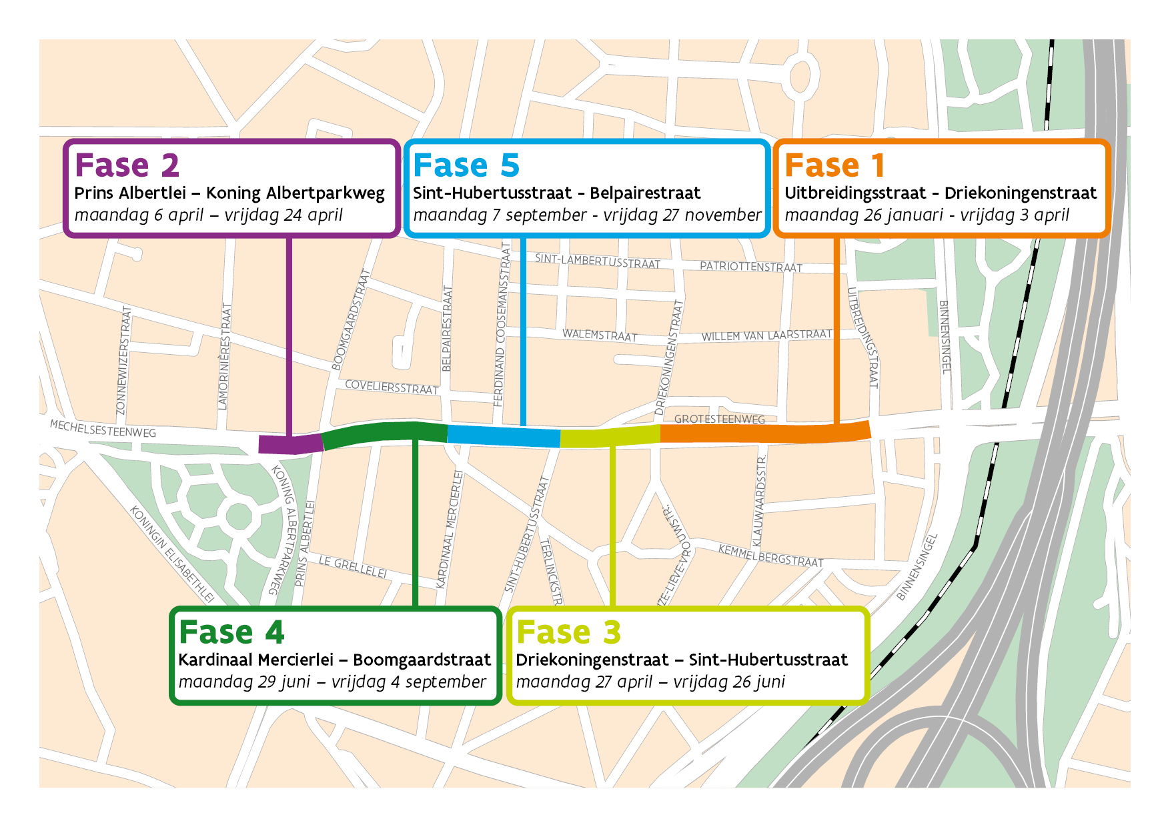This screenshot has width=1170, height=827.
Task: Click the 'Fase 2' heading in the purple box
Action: click(127, 165)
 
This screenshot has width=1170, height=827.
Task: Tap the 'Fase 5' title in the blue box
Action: click(466, 165)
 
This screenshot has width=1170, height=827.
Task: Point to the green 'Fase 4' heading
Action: click(231, 632)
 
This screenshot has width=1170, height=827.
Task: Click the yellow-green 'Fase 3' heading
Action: click(568, 632)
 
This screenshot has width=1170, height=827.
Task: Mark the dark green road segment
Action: click(385, 432)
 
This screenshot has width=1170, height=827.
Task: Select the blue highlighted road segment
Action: click(504, 436)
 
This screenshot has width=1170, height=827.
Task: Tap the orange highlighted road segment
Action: click(765, 433)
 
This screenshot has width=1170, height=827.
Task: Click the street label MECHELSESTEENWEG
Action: click(103, 428)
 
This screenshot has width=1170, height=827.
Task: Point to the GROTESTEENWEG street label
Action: click(719, 419)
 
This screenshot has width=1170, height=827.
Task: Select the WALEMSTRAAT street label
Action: click(600, 335)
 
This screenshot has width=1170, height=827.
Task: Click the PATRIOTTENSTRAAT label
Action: click(750, 266)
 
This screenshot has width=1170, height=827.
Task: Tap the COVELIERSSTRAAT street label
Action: click(392, 387)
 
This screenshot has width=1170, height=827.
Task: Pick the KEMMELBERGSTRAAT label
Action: click(770, 556)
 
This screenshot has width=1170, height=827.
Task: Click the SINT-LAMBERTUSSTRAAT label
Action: click(597, 261)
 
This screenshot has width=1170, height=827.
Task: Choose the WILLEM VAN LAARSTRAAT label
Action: click(766, 335)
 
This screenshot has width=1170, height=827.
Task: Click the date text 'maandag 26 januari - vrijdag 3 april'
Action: click(927, 215)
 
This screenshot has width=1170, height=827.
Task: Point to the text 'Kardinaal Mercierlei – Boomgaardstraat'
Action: click(334, 660)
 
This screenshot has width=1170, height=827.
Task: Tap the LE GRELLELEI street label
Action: click(352, 566)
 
